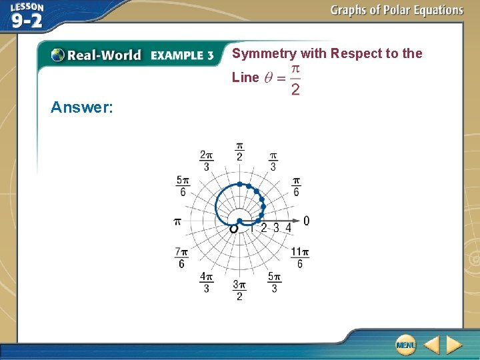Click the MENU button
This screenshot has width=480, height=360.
click(405, 345)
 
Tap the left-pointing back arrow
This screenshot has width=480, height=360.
click(432, 345)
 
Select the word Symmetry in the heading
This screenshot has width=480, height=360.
click(264, 54)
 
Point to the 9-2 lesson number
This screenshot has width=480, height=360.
click(27, 21)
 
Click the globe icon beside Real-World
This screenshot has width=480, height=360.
click(58, 55)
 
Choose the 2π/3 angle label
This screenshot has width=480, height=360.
click(206, 161)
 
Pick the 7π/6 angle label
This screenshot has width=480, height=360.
click(181, 258)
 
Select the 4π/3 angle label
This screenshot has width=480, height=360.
click(207, 282)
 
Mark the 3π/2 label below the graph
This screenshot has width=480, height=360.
click(239, 290)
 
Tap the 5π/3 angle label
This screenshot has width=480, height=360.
click(274, 282)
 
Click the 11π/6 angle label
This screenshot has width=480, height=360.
click(299, 258)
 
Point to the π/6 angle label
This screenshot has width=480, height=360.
click(296, 187)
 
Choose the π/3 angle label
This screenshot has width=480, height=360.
click(273, 161)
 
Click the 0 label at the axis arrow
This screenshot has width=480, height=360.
click(306, 221)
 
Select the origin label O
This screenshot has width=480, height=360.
click(233, 229)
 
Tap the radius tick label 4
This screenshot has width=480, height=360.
click(288, 228)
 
